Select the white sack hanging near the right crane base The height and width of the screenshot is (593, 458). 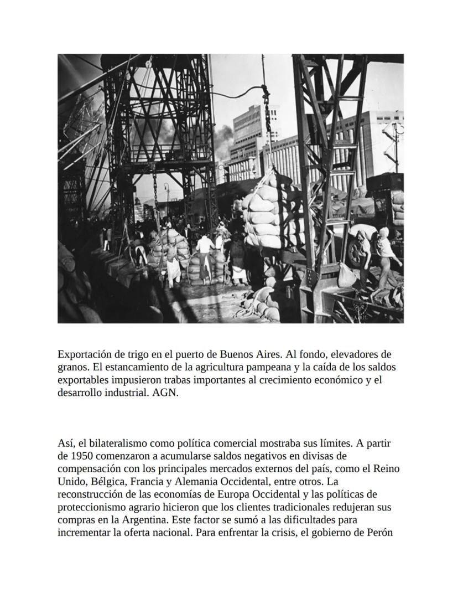(x=347, y=275)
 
